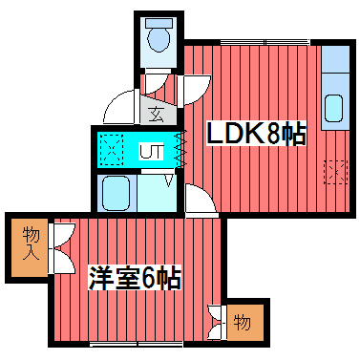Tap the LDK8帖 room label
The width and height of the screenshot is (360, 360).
[x=256, y=133]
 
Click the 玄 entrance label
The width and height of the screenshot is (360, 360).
[x=157, y=113]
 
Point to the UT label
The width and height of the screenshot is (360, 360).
[x=151, y=151]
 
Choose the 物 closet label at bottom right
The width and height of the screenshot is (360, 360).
[x=243, y=323]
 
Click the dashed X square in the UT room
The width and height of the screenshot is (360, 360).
[x=112, y=151]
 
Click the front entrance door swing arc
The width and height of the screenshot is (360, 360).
[x=119, y=104]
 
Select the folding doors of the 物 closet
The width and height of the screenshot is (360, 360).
[x=217, y=322]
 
